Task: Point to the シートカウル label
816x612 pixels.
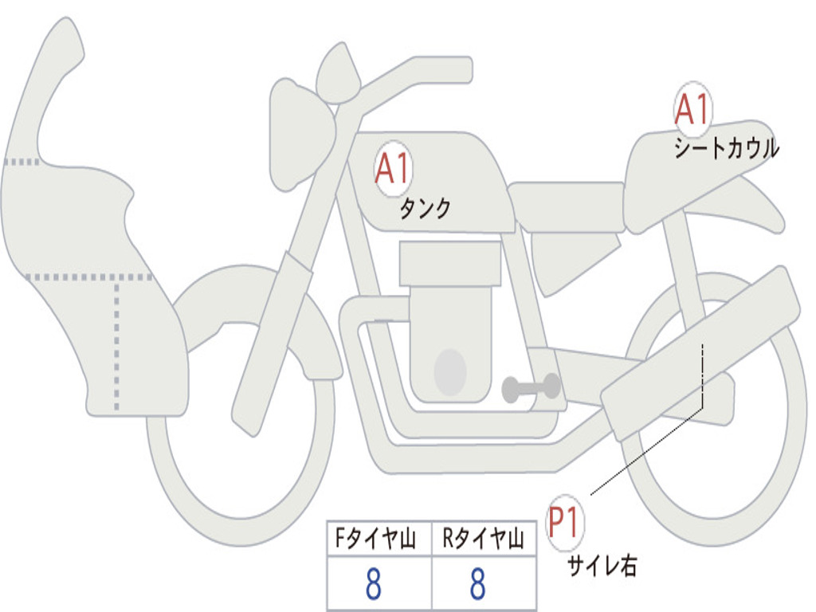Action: point(726,148)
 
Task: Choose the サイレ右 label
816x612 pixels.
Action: point(602,565)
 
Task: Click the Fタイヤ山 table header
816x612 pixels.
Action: point(377,539)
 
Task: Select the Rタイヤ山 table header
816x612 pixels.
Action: point(483,539)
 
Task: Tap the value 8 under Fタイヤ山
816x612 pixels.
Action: point(373,584)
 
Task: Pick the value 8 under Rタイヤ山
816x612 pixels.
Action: point(477,584)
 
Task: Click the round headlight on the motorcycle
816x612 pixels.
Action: point(300,133)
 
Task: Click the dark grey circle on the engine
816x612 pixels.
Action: point(450,372)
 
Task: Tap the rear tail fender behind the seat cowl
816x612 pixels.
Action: point(757,207)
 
